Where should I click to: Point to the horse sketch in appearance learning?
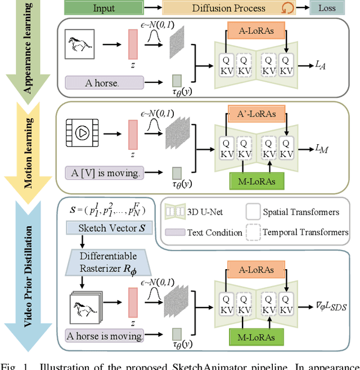click(x=79, y=46)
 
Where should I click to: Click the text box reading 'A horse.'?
click(x=102, y=83)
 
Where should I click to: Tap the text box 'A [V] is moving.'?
click(x=101, y=172)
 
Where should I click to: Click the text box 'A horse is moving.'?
click(x=104, y=336)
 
